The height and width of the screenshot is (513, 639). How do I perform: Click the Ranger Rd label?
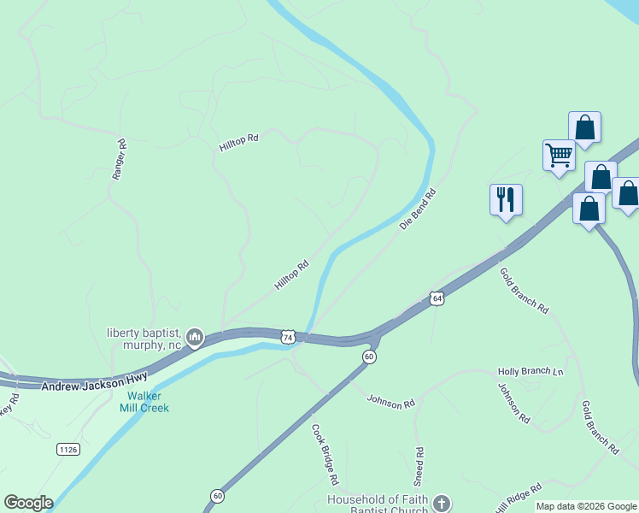(x=120, y=159)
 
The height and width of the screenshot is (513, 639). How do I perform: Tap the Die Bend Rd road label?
(x=418, y=209)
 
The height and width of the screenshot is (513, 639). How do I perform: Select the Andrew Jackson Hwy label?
(x=94, y=381)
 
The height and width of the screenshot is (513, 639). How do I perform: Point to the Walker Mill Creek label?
(x=148, y=402)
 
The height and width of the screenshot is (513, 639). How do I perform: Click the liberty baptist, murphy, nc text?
(x=145, y=339)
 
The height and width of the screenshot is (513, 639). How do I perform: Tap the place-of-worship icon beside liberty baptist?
(x=196, y=339)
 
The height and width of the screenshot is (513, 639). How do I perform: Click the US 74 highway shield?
(x=288, y=338)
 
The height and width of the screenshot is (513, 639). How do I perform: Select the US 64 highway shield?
(x=437, y=298)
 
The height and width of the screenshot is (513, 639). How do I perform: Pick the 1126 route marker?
(x=68, y=449)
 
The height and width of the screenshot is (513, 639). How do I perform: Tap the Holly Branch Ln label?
(x=531, y=372)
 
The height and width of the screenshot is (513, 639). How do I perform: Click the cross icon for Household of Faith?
(x=441, y=503)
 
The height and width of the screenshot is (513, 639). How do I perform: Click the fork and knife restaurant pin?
(x=506, y=200)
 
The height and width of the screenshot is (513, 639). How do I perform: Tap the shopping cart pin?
(x=559, y=156)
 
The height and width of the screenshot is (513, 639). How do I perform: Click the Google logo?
(x=28, y=503)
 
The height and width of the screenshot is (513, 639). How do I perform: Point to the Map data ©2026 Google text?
(x=586, y=506)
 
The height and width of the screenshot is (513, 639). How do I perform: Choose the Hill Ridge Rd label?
(x=519, y=498)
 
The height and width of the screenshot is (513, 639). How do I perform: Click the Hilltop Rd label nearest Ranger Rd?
(x=238, y=141)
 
